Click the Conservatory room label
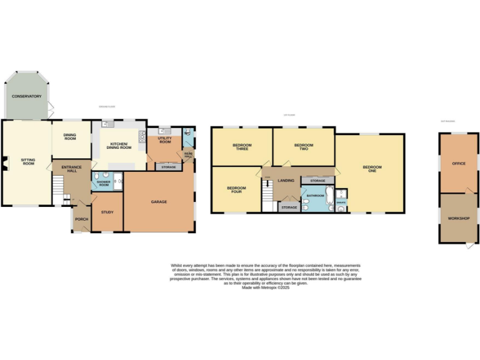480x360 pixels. tap(26, 96)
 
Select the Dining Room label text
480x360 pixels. tap(70, 136)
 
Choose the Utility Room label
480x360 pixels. tap(164, 141)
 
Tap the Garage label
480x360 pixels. tap(159, 202)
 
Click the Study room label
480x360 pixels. tap(107, 212)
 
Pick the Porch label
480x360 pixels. tap(81, 219)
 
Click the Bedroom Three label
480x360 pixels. tap(241, 147)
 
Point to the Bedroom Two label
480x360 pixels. tap(304, 147)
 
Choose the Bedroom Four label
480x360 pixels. tap(236, 189)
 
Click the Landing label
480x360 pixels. tap(286, 181)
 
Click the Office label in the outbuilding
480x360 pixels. tap(459, 164)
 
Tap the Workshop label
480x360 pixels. tap(458, 219)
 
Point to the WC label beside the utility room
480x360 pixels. tap(186, 133)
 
